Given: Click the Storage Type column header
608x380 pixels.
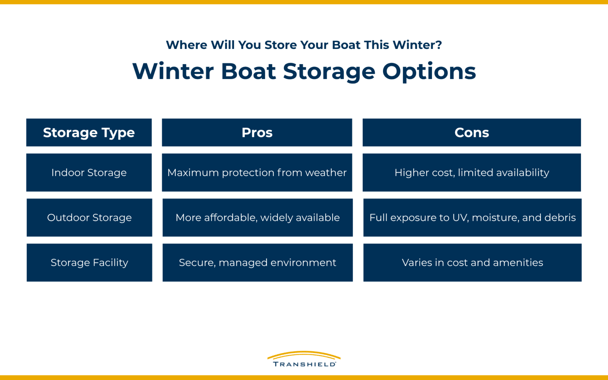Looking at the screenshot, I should click(89, 132).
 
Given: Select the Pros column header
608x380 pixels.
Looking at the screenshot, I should click(257, 132).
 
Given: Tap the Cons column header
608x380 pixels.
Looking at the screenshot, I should click(471, 132).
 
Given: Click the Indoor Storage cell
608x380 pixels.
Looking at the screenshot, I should click(89, 173).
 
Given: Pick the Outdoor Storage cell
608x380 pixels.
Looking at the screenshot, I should click(89, 217).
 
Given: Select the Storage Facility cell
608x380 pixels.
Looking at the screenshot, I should click(89, 262).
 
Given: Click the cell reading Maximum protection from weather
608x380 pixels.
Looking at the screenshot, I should click(257, 173).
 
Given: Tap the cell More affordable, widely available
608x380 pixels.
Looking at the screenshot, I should click(257, 217).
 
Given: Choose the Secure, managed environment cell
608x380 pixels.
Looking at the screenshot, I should click(257, 262).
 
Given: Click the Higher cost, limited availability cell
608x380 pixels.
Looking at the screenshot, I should click(471, 173).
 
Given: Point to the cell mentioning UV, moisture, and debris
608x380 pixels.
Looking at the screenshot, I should click(472, 217).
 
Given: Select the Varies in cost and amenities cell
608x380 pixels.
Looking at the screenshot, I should click(472, 262).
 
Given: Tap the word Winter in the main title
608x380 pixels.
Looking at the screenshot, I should click(173, 71).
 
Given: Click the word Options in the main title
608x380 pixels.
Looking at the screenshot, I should click(429, 71).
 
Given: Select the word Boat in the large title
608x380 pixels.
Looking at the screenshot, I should click(248, 71).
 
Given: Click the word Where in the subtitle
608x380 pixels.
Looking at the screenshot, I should click(187, 45).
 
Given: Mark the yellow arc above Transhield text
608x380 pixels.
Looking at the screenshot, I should click(304, 354).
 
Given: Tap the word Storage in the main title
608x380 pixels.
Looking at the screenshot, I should click(329, 71).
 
